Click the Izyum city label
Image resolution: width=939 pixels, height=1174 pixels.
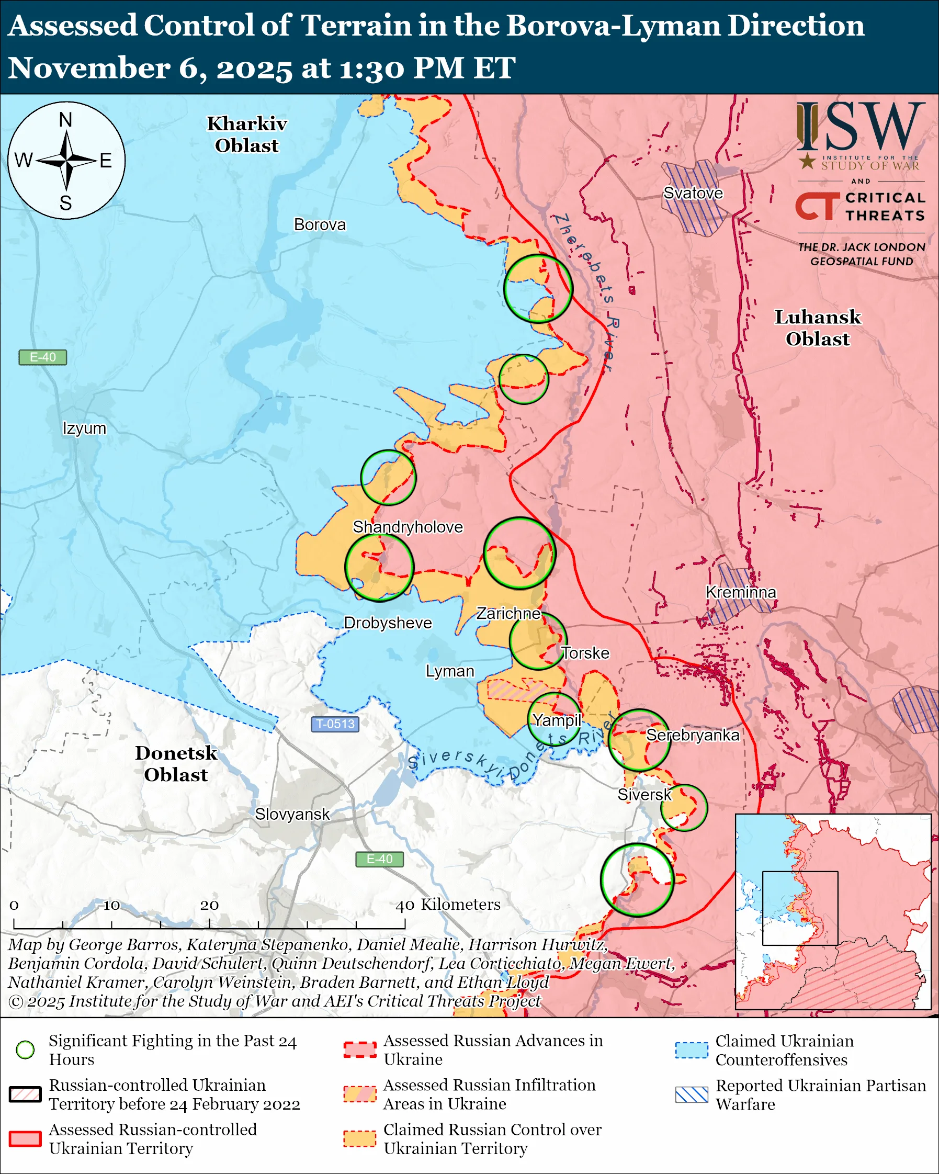click(x=84, y=428)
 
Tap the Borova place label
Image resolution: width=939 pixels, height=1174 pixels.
click(x=320, y=224)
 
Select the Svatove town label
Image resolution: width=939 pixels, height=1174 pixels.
click(x=693, y=193)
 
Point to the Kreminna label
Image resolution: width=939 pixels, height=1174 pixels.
click(x=740, y=592)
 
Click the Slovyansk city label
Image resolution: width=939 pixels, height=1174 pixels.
click(x=292, y=814)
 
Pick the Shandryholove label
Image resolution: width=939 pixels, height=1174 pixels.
click(x=408, y=526)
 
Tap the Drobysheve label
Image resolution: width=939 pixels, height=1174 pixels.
click(x=388, y=623)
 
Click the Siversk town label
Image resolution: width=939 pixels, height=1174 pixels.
click(x=644, y=795)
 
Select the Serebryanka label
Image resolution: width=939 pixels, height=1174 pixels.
click(x=693, y=735)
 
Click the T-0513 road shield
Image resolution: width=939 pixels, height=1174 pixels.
click(x=335, y=724)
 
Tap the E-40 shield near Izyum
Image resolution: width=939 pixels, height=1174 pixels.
click(x=42, y=357)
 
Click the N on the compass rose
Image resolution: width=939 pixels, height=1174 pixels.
click(x=66, y=120)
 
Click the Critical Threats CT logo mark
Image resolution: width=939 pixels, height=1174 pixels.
click(x=817, y=205)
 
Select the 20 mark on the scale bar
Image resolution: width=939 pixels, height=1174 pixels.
click(x=209, y=905)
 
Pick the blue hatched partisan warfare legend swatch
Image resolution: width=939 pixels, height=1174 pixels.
click(x=692, y=1095)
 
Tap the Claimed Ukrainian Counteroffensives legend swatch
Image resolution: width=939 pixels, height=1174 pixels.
click(x=692, y=1050)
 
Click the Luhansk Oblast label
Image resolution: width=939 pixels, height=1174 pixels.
click(x=817, y=328)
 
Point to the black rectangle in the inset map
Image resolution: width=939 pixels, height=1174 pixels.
click(x=800, y=908)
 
